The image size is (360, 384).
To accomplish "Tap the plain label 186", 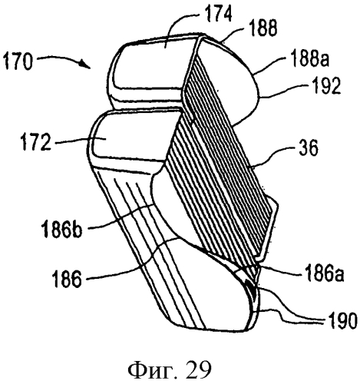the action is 67,278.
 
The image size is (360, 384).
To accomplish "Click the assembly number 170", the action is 18,61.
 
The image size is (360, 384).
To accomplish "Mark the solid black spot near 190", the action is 251,287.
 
